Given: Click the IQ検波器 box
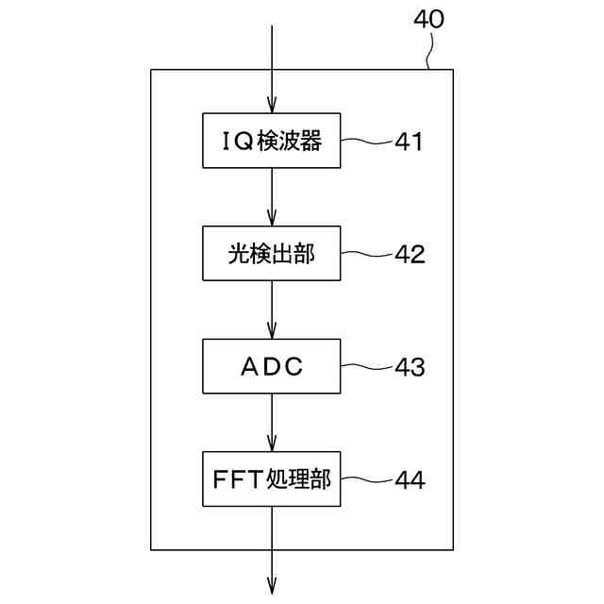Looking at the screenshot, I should click(x=272, y=142).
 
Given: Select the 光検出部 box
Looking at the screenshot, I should click(x=272, y=254).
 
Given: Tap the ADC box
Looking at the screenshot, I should click(x=272, y=366).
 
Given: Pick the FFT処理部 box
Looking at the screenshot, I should click(x=272, y=478).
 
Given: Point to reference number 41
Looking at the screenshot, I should click(x=409, y=143).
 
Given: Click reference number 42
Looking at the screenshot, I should click(x=410, y=255).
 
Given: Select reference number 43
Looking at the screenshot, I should click(x=410, y=367).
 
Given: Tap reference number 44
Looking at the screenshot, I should click(x=410, y=479).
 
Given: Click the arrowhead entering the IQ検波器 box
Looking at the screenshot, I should click(x=272, y=107).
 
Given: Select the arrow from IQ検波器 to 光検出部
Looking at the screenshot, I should click(x=272, y=198).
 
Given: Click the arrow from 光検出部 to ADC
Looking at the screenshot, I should click(x=272, y=310).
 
